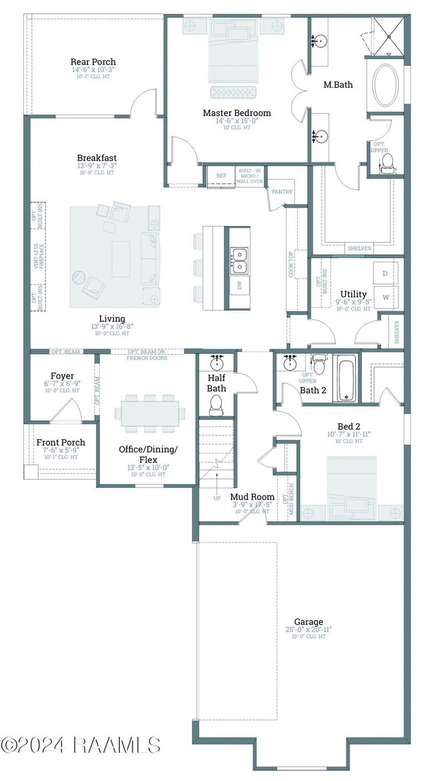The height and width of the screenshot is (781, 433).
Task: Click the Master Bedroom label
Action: (236, 113)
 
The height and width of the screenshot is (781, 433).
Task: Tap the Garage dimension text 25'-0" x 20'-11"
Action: (308, 629)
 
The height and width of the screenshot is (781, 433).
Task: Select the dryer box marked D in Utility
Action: (385, 273)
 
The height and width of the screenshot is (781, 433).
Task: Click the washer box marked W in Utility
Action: (385, 297)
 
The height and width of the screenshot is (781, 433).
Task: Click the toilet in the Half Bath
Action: (216, 404)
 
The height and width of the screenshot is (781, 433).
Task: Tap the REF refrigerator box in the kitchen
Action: (222, 176)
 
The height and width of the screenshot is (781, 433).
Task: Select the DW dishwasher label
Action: (238, 285)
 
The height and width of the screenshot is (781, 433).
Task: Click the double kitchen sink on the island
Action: (238, 260)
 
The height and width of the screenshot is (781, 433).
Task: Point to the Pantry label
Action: (278, 191)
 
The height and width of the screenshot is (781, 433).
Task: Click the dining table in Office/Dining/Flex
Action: (149, 412)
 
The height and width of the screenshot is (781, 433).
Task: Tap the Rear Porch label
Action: (93, 62)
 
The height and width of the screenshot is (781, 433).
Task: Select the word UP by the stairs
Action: (217, 498)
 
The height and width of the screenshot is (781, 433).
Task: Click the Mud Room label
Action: (252, 496)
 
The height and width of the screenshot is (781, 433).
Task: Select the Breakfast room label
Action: (97, 158)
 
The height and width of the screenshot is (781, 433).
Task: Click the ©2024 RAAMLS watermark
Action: (80, 744)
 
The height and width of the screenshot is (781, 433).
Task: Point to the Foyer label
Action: (62, 376)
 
